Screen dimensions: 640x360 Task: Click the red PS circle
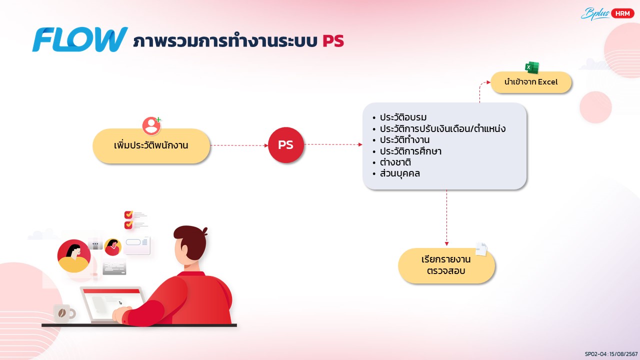coord(285,145)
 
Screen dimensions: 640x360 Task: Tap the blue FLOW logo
coord(80,39)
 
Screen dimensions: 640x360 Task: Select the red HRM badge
coord(622,13)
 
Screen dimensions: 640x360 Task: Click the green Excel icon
coord(532,67)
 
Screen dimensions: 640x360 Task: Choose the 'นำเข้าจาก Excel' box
coord(531,82)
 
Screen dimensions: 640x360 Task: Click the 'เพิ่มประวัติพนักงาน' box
coord(151,145)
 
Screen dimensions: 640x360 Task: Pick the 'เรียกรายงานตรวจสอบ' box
coord(446,265)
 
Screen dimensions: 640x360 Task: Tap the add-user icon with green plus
coord(151,125)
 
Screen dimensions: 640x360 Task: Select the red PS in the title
coord(333,41)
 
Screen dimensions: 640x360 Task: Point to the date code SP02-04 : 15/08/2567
coord(611,354)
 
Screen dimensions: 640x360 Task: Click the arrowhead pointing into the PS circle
coord(266,145)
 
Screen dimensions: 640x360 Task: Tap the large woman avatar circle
coord(74,256)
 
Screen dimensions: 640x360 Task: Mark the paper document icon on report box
coord(481,249)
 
